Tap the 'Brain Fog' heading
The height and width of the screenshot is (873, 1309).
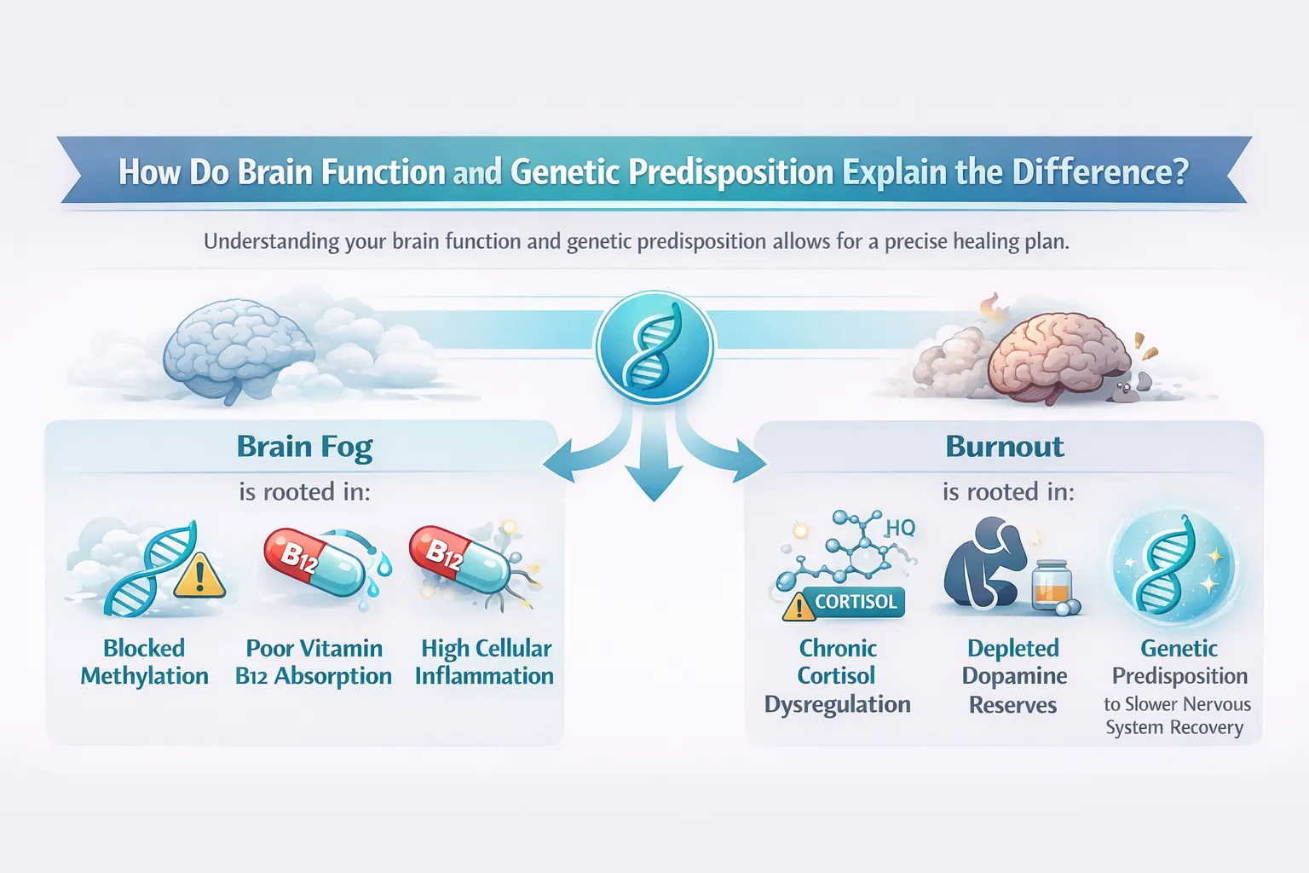point(304,447)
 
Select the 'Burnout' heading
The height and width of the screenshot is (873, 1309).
point(1005,447)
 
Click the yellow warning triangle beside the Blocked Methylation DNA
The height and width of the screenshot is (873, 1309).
point(200,577)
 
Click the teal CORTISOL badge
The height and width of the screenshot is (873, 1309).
point(855,602)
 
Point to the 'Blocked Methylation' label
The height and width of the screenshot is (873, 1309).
point(144,662)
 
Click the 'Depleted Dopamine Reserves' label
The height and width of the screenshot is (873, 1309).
point(1013,676)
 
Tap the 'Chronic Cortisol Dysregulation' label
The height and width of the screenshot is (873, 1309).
point(837,676)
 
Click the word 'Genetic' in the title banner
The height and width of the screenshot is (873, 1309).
point(565,172)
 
